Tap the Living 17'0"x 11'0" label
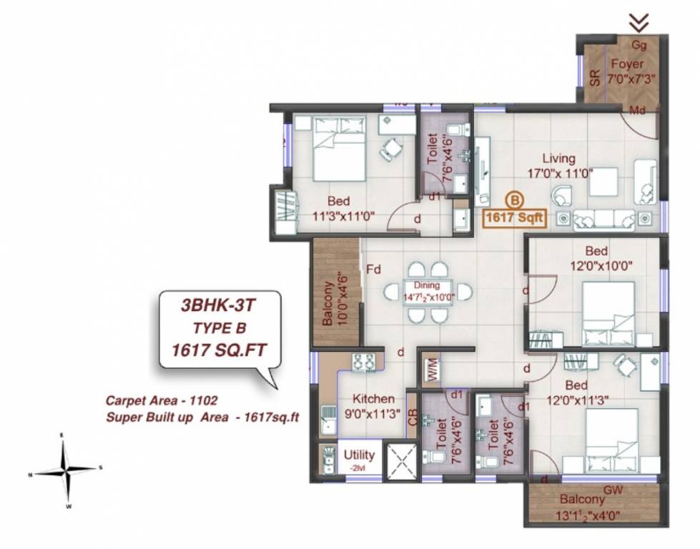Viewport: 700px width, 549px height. coord(558,166)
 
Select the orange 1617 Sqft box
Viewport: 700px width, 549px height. coord(515,217)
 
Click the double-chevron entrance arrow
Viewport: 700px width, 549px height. coord(639,23)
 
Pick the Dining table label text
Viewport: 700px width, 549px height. coord(426,292)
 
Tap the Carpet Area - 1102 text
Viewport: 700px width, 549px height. coord(162,401)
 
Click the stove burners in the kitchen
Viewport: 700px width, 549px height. coord(363,362)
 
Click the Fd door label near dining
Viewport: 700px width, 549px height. coord(373,270)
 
